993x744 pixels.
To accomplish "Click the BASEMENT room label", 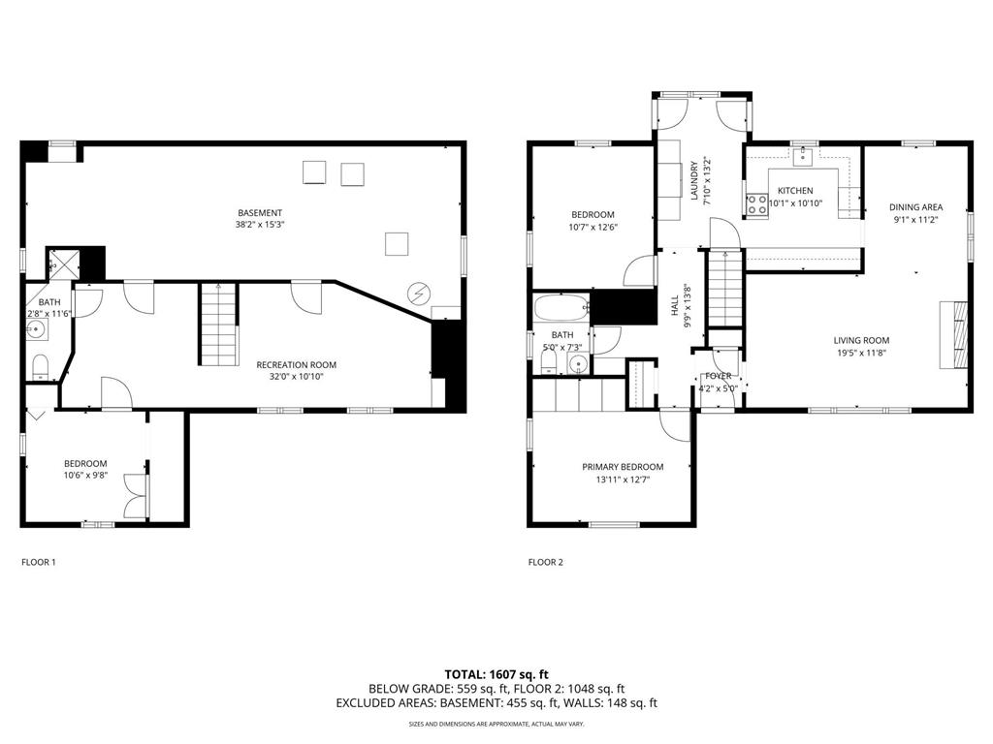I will [x=260, y=213].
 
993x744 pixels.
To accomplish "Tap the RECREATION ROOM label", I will [x=297, y=365].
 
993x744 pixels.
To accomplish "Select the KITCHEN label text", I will [x=795, y=191].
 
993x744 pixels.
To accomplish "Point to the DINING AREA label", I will [x=916, y=207].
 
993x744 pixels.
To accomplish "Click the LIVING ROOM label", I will [x=861, y=341].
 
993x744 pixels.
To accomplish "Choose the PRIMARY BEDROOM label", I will [x=623, y=467].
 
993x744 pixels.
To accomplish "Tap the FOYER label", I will [x=719, y=376].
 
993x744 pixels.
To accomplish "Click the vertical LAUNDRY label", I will [x=694, y=180].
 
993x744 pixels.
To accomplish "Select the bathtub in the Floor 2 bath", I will [x=561, y=308].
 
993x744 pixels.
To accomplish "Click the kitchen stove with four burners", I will [x=756, y=203].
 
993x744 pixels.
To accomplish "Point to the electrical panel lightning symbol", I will [x=420, y=293].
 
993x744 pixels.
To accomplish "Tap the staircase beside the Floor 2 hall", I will [x=723, y=289].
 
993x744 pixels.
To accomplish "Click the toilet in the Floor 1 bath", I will [x=41, y=365].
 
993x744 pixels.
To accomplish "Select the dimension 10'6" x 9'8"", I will [x=85, y=476].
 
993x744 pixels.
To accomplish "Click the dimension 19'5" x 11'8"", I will [x=861, y=353].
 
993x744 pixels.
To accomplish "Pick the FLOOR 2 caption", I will [x=545, y=562].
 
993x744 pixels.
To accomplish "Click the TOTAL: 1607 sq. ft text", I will [x=496, y=674].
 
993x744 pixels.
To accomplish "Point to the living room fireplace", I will [x=953, y=334].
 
